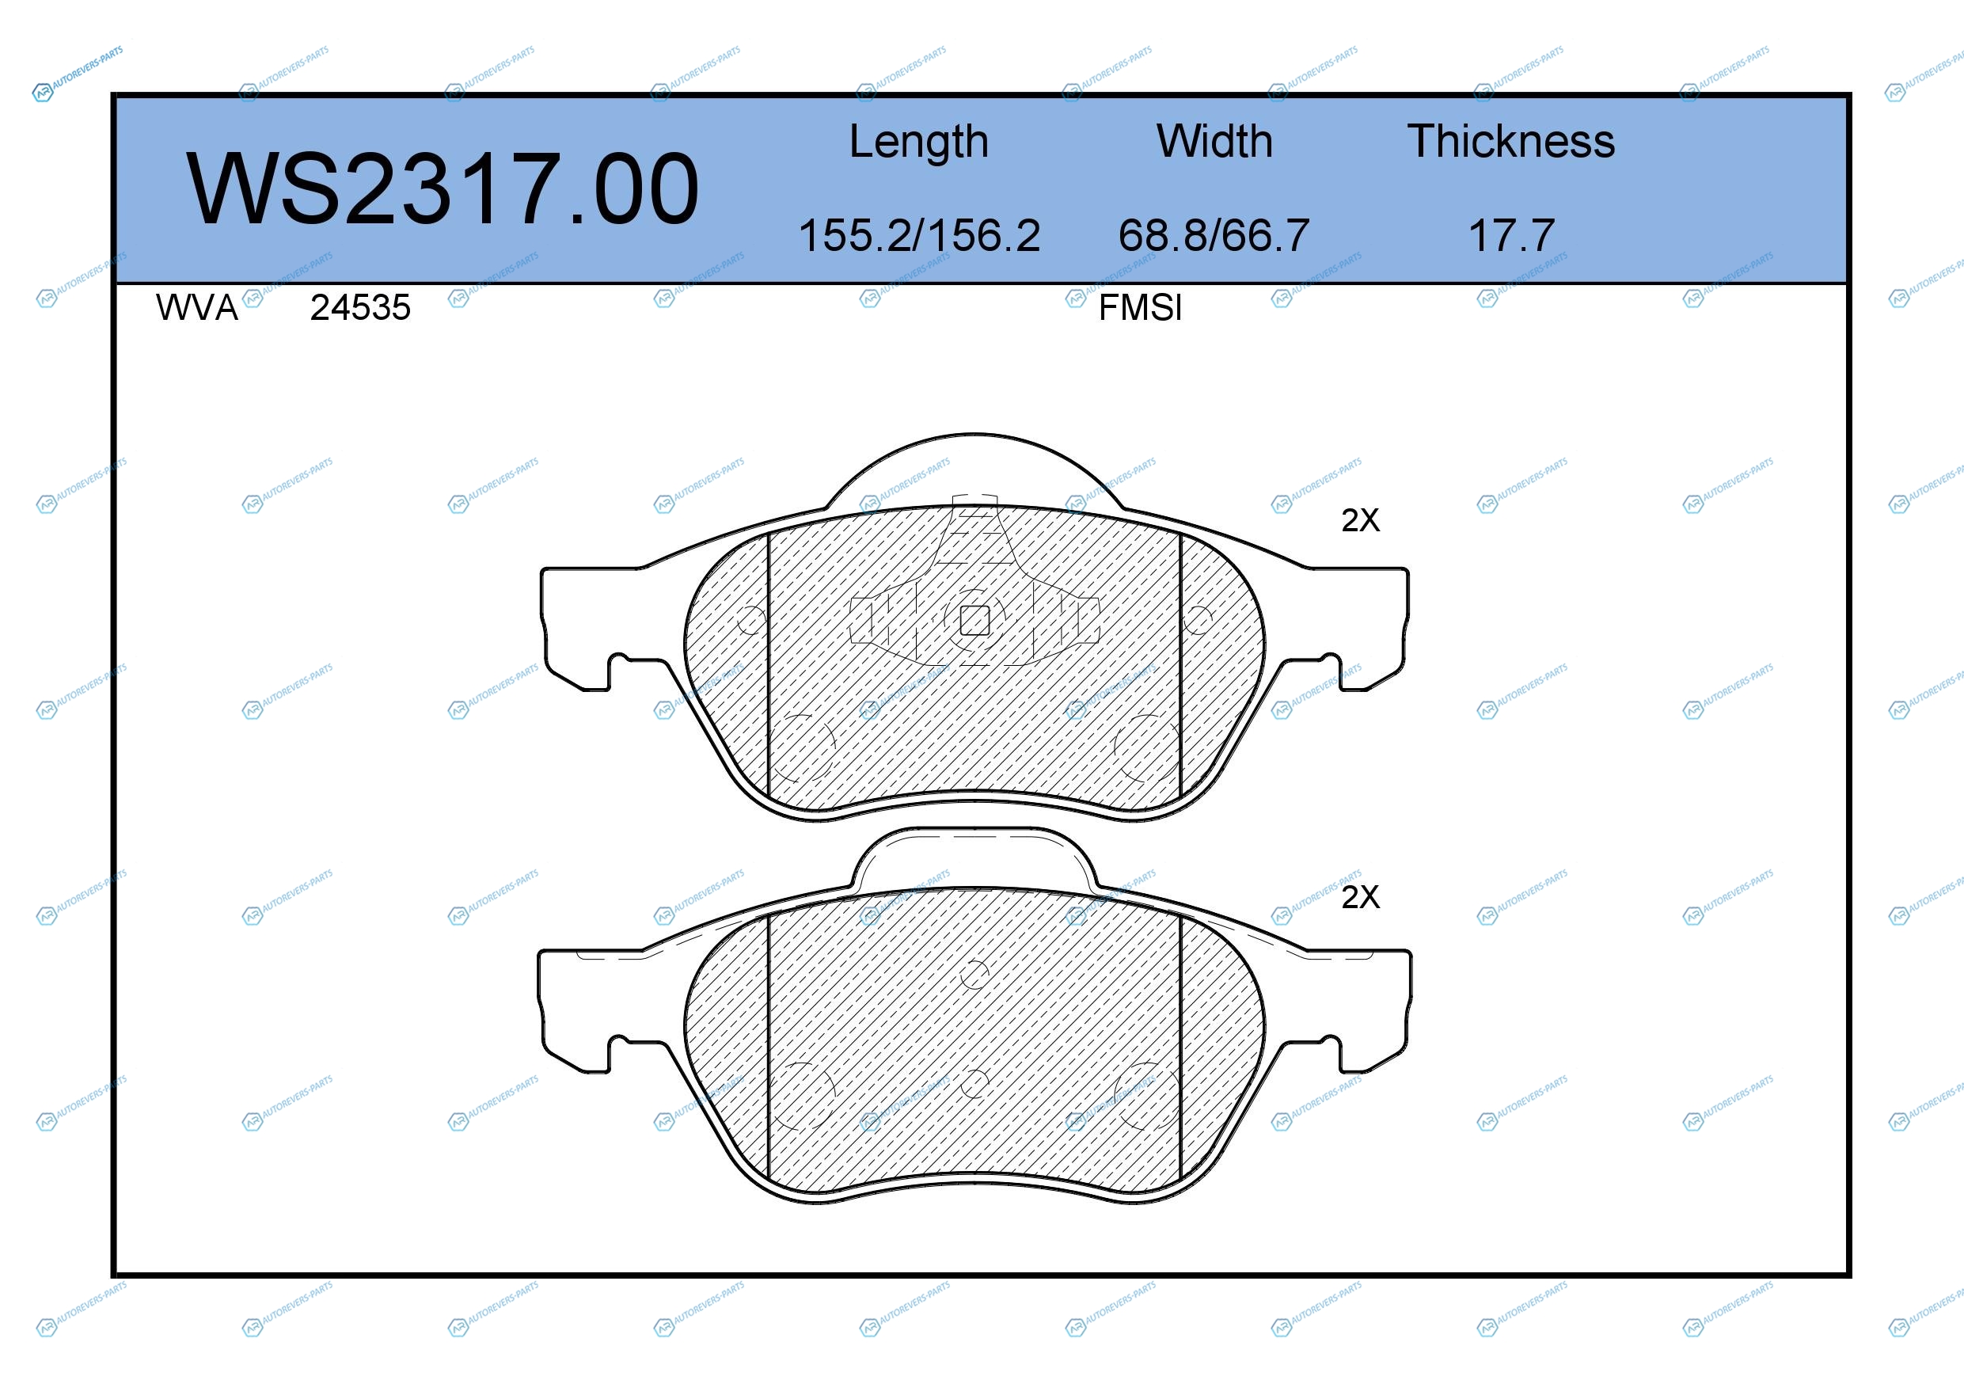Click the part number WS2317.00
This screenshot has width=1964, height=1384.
tap(443, 188)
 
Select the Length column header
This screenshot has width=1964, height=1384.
tap(919, 142)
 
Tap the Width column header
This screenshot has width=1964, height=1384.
tap(1214, 141)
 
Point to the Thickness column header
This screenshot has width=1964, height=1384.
tap(1510, 141)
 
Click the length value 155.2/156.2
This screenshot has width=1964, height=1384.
tap(919, 235)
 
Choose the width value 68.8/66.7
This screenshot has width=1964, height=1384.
tap(1214, 235)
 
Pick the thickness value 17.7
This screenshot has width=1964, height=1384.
tap(1510, 235)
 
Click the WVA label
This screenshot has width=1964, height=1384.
tap(197, 308)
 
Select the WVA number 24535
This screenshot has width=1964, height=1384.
tap(360, 308)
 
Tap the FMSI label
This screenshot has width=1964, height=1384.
tap(1140, 308)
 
